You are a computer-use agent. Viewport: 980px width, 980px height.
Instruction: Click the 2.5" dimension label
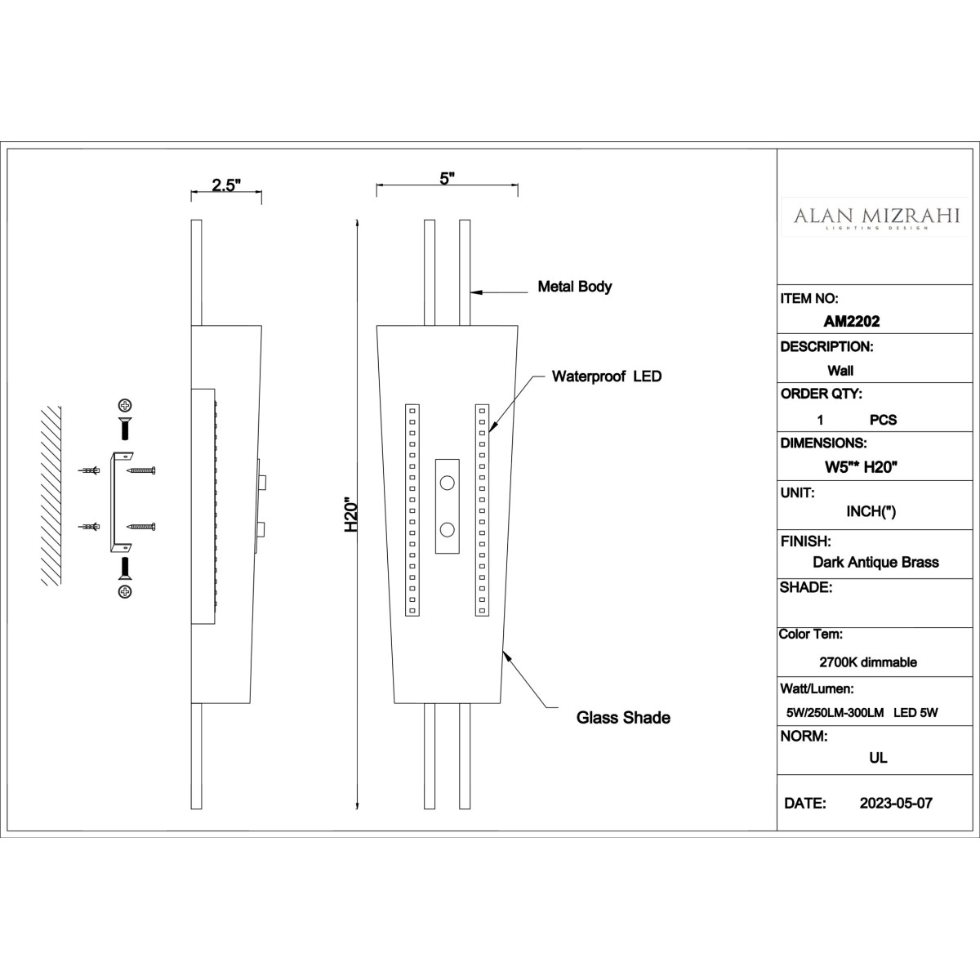click(226, 185)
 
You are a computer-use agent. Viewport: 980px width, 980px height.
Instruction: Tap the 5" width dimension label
click(447, 179)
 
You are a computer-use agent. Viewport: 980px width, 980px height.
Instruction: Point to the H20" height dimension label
click(351, 514)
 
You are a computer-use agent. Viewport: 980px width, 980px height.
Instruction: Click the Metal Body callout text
click(575, 287)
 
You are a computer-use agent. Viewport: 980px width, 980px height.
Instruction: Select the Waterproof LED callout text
click(607, 376)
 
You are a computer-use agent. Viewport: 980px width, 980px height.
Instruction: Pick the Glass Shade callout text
click(623, 718)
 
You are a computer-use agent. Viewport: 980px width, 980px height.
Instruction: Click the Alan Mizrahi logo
click(876, 217)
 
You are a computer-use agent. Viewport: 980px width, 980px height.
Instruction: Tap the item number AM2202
click(852, 321)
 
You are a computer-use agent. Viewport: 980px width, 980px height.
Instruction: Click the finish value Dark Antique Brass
click(875, 562)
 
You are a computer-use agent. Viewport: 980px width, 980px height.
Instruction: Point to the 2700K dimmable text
click(868, 662)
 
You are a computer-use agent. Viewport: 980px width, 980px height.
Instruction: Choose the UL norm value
click(878, 758)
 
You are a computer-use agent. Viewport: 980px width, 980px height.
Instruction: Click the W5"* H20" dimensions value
click(861, 467)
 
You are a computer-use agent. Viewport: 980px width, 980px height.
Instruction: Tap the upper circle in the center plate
click(447, 483)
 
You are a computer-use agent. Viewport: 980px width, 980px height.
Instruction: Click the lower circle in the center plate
click(447, 531)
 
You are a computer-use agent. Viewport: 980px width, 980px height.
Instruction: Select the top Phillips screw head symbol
click(125, 405)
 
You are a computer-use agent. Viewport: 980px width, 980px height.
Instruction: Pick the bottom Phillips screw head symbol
click(125, 591)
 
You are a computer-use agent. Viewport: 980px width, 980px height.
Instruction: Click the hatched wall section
click(51, 496)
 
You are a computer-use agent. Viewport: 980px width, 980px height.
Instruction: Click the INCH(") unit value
click(871, 511)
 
